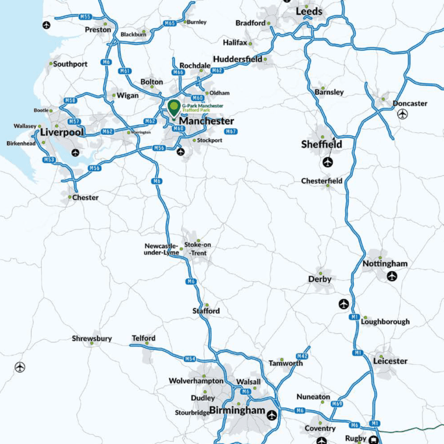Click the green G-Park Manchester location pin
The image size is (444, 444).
173,108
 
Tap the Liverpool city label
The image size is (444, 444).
62,132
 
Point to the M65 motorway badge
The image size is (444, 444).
169,23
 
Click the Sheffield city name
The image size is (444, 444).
321,145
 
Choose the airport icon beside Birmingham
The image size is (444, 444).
272,414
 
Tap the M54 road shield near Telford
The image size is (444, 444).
190,359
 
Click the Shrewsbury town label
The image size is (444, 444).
92,339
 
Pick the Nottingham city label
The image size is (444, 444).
385,264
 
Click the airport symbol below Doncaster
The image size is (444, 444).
403,114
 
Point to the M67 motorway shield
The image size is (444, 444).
231,132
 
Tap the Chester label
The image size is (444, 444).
85,198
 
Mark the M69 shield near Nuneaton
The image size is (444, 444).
337,404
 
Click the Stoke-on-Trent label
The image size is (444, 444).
197,249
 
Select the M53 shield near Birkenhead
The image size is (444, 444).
49,160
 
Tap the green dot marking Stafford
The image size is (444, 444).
206,305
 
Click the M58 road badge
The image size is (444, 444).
70,101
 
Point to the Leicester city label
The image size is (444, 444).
390,361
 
